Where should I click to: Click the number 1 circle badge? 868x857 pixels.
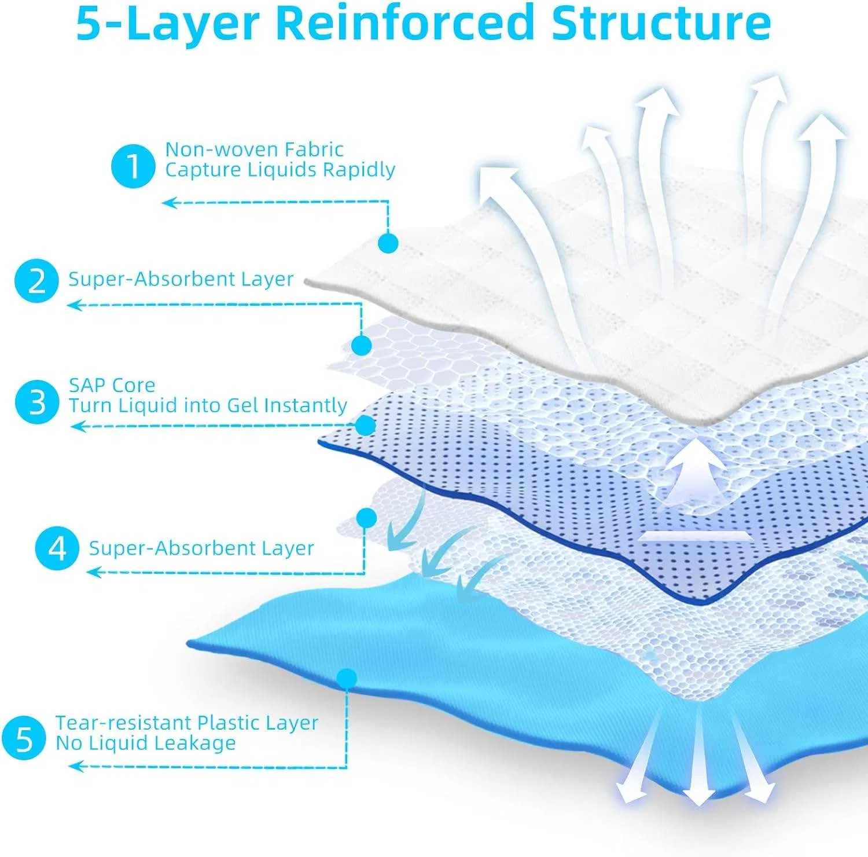pos(133,166)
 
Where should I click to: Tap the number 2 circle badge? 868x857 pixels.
pos(36,281)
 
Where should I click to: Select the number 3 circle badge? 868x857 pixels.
pos(37,401)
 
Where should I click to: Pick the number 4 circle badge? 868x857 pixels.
pos(57,548)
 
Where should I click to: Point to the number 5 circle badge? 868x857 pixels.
pos(24,738)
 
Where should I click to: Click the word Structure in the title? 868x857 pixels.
pos(661,23)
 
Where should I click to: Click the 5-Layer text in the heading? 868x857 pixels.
pos(168,23)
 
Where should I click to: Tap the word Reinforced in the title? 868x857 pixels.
pos(404,23)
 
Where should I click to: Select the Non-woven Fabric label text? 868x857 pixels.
pos(254,149)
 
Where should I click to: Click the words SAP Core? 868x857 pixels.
pos(112,385)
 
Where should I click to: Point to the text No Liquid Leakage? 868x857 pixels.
pos(145,743)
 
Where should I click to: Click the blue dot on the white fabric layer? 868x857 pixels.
pos(388,243)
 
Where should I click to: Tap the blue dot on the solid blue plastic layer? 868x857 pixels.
pos(347,678)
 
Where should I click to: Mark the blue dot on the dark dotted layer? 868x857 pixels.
pos(366,426)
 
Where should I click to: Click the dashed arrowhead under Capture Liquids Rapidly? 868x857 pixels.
pos(168,203)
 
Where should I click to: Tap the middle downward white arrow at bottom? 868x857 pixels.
pos(698,764)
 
